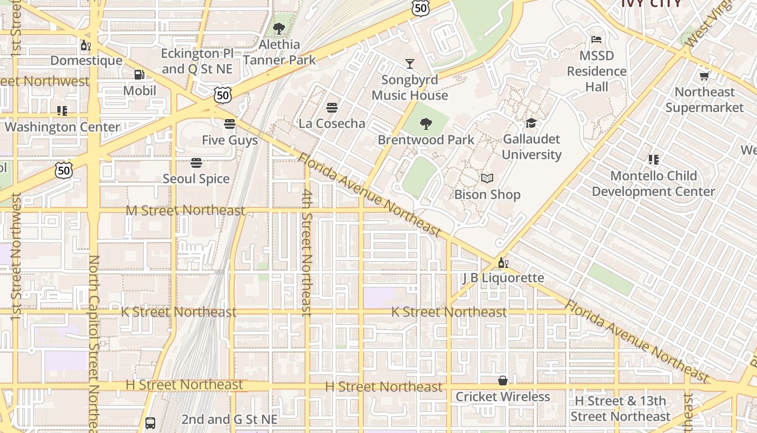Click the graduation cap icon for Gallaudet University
point(531,123)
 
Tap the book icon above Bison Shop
point(487,179)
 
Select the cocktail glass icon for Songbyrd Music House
point(410,64)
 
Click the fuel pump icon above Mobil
point(140,75)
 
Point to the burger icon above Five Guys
point(230,124)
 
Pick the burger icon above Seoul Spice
point(196,162)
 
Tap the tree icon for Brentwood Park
point(426,124)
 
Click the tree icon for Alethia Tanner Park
point(279,29)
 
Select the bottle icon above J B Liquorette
point(503,263)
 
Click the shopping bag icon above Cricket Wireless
point(503,380)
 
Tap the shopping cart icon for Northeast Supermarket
point(704,76)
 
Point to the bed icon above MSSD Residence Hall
point(596,40)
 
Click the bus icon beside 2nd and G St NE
point(150,423)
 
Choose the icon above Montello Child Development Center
point(653,160)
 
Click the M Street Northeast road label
point(185,210)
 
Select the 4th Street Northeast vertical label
point(307,252)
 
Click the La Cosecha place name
point(332,123)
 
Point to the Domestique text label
point(87,60)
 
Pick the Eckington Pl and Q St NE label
point(197,61)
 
